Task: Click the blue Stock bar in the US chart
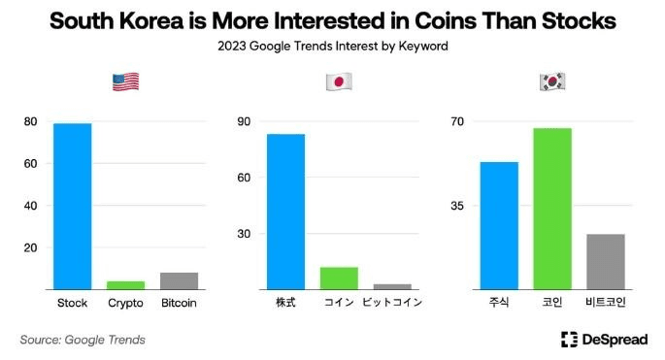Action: (73, 206)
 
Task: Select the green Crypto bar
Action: (125, 284)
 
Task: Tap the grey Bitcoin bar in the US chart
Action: (179, 280)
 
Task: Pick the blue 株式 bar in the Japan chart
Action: (285, 211)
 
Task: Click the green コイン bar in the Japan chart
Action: (339, 278)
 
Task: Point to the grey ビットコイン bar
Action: (392, 286)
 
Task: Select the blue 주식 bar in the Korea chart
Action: (499, 225)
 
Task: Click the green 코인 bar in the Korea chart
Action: (552, 208)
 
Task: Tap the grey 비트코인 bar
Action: (605, 261)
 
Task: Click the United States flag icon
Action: (125, 82)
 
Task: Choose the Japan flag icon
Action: (339, 82)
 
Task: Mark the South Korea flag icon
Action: (552, 82)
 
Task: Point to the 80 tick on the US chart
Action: (31, 121)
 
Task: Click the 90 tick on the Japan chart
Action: (245, 121)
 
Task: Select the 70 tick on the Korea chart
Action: (458, 121)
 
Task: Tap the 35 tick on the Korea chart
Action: (458, 206)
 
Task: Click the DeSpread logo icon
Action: (570, 339)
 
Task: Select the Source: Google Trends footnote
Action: (83, 340)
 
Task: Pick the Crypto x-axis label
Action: (125, 303)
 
